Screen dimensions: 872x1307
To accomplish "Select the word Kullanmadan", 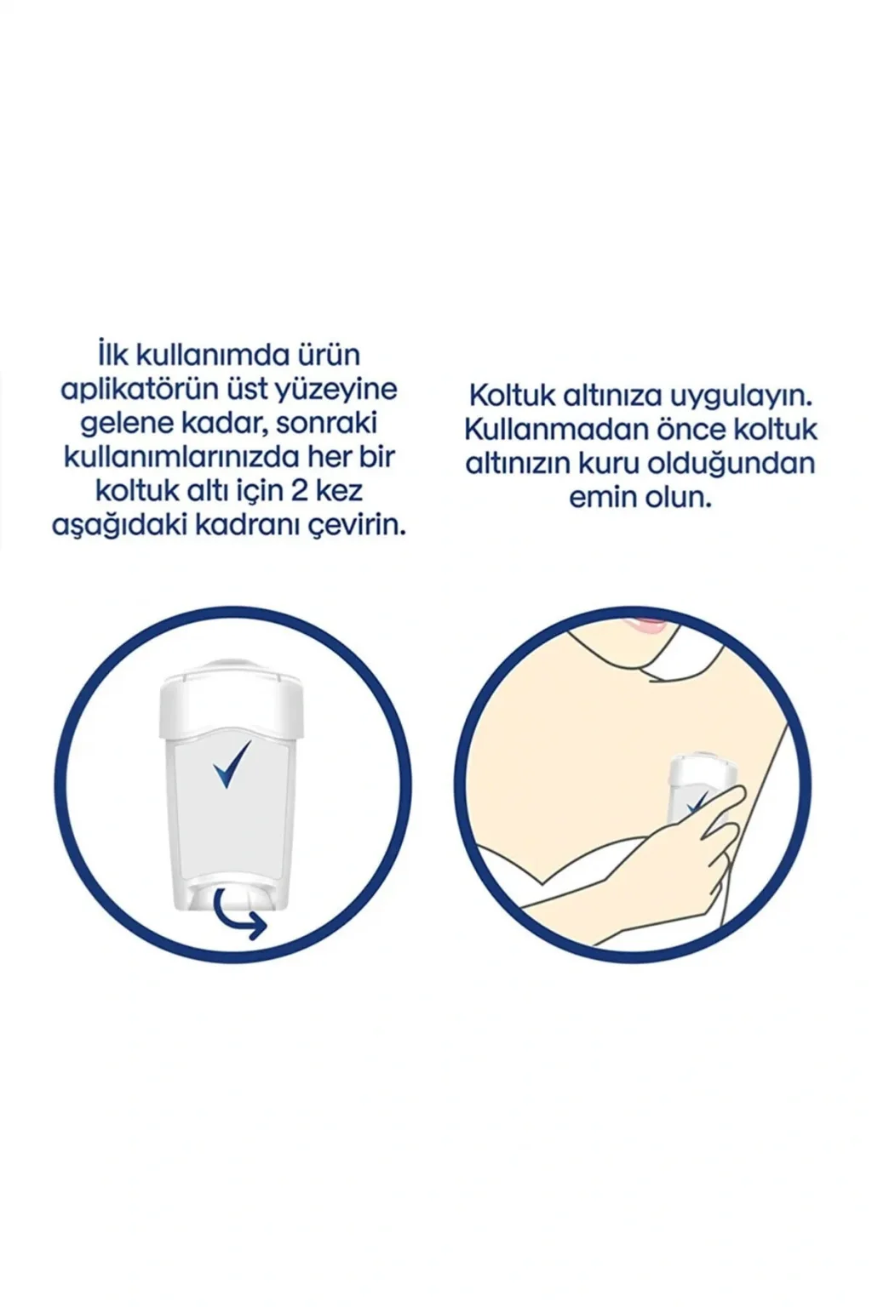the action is tap(545, 431).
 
